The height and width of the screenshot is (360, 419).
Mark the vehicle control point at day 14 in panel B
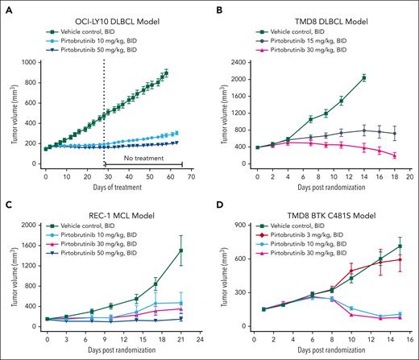tap(364, 77)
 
